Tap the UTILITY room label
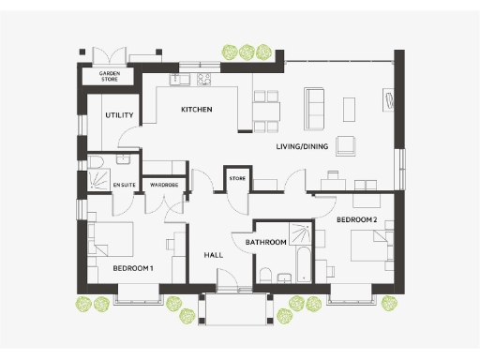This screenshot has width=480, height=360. coord(119,115)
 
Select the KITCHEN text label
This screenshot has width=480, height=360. coord(196,110)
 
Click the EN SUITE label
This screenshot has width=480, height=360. coord(124,186)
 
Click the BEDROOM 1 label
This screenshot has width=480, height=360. coord(132,268)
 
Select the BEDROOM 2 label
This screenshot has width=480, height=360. coord(356,219)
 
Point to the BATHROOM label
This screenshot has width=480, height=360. coord(265,242)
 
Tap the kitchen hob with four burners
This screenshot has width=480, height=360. coord(202,79)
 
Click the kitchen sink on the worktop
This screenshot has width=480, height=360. coord(178,79)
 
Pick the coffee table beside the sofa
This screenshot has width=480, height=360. coord(349,109)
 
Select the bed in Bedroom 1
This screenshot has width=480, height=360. coord(111,241)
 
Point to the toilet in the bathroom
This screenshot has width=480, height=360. coord(266,274)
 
